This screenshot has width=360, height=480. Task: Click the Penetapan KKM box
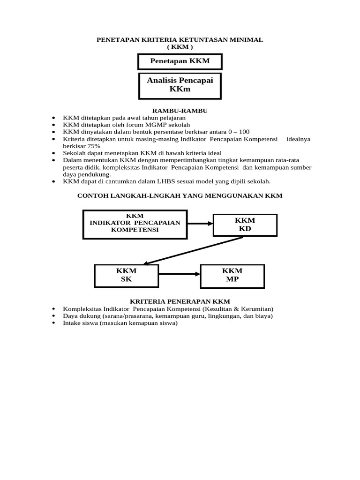180,61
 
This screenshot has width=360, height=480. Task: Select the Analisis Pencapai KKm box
180,85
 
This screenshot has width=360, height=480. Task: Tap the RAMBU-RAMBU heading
180,111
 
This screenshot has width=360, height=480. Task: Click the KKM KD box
245,225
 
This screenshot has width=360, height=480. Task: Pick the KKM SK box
126,276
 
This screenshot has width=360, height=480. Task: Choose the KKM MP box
232,276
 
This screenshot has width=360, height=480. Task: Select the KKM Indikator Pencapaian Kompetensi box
135,223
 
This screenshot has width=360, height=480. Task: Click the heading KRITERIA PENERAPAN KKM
180,301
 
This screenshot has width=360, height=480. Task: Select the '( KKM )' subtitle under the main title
180,47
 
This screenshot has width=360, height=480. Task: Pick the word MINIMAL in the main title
248,40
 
